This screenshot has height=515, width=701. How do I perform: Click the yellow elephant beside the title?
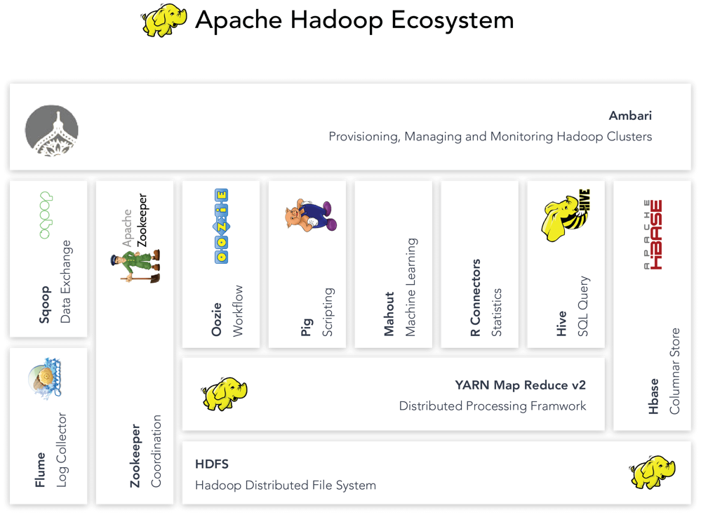pyautogui.click(x=163, y=20)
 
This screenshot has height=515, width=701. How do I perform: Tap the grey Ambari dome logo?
pyautogui.click(x=51, y=131)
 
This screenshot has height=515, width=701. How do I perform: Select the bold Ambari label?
pyautogui.click(x=630, y=116)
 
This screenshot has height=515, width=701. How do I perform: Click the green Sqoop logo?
pyautogui.click(x=46, y=215)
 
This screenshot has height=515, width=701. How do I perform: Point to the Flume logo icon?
pyautogui.click(x=45, y=378)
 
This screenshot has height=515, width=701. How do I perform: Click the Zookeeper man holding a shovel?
pyautogui.click(x=135, y=265)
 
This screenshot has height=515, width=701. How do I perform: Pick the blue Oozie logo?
pyautogui.click(x=221, y=226)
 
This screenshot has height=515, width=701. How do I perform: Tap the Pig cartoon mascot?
pyautogui.click(x=311, y=215)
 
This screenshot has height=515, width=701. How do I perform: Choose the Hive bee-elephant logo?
pyautogui.click(x=566, y=215)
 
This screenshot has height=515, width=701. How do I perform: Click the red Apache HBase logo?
pyautogui.click(x=653, y=235)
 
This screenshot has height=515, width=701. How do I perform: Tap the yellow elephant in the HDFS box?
pyautogui.click(x=653, y=472)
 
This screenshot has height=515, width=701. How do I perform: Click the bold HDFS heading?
pyautogui.click(x=211, y=464)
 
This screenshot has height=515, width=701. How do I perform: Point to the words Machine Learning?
pyautogui.click(x=410, y=287)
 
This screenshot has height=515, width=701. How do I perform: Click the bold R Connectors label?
pyautogui.click(x=475, y=297)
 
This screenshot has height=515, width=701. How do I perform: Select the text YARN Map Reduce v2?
pyautogui.click(x=521, y=385)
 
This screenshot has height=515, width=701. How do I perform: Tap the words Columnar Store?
pyautogui.click(x=674, y=371)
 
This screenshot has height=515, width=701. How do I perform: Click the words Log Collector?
pyautogui.click(x=61, y=450)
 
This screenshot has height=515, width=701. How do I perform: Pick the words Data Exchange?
pyautogui.click(x=66, y=281)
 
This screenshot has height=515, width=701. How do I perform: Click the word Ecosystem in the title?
pyautogui.click(x=453, y=20)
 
